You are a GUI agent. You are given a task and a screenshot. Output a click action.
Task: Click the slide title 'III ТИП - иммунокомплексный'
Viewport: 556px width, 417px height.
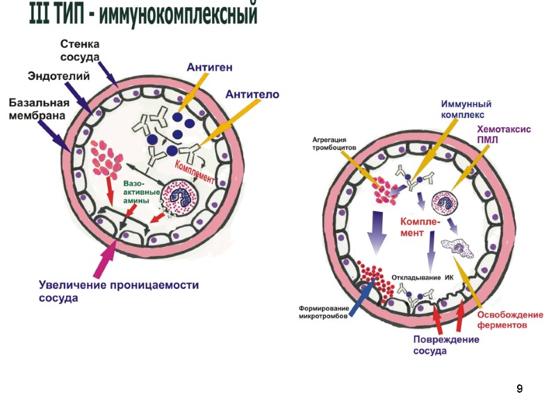click(x=143, y=15)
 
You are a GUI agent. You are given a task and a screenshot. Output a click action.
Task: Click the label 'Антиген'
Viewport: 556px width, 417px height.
click(x=209, y=67)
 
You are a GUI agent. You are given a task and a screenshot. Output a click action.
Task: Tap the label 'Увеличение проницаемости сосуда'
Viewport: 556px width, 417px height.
click(x=117, y=291)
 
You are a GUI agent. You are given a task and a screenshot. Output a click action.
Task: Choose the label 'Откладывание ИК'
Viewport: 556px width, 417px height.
click(x=423, y=277)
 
